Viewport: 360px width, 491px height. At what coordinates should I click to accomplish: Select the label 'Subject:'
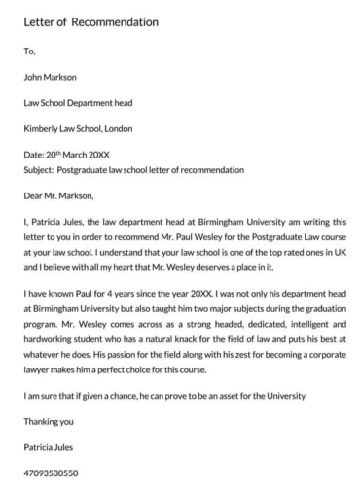[x=39, y=169]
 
